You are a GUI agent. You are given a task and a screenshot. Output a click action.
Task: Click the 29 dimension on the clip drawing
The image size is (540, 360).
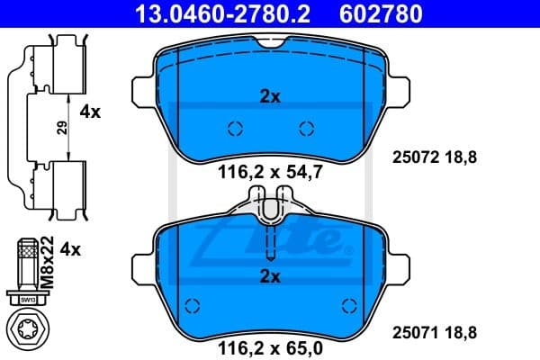click(62, 128)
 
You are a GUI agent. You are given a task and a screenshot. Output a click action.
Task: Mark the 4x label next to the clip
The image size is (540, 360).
click(90, 112)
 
